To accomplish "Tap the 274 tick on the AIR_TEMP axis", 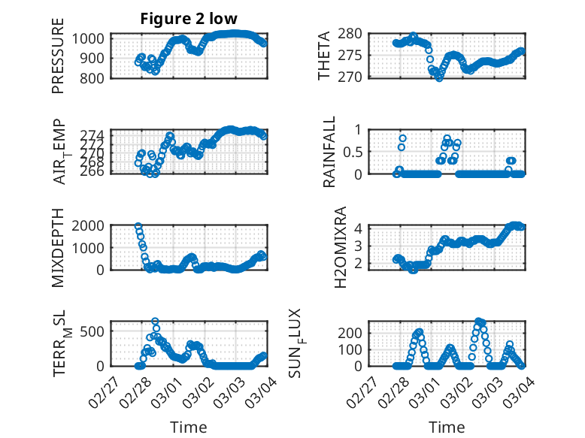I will click(95, 134).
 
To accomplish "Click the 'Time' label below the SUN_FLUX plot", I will click(447, 427).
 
